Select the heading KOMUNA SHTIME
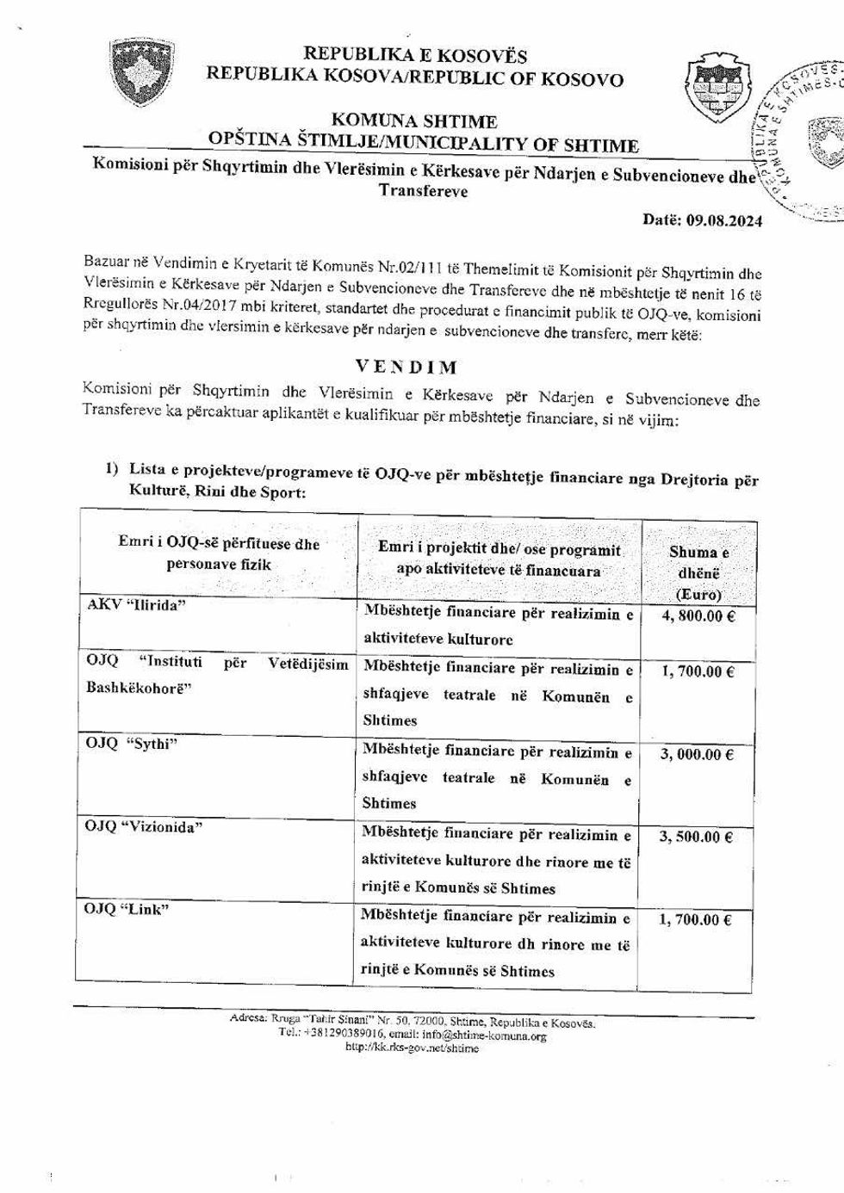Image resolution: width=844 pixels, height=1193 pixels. tap(413, 121)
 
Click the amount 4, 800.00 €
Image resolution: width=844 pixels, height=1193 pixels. tap(698, 616)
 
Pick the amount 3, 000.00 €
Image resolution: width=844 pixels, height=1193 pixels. tap(697, 755)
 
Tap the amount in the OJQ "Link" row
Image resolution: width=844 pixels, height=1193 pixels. tap(695, 920)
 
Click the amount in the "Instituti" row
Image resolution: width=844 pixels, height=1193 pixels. tap(698, 671)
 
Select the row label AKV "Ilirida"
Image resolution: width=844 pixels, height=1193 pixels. tap(137, 604)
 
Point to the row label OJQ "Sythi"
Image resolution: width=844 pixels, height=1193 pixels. tap(131, 744)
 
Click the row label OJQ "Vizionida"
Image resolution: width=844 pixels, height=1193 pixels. tap(143, 827)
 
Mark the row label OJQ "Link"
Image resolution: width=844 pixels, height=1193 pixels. tap(127, 910)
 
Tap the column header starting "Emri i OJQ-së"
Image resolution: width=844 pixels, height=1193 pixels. tap(219, 553)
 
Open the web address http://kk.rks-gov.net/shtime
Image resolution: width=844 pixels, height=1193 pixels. tap(412, 1048)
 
